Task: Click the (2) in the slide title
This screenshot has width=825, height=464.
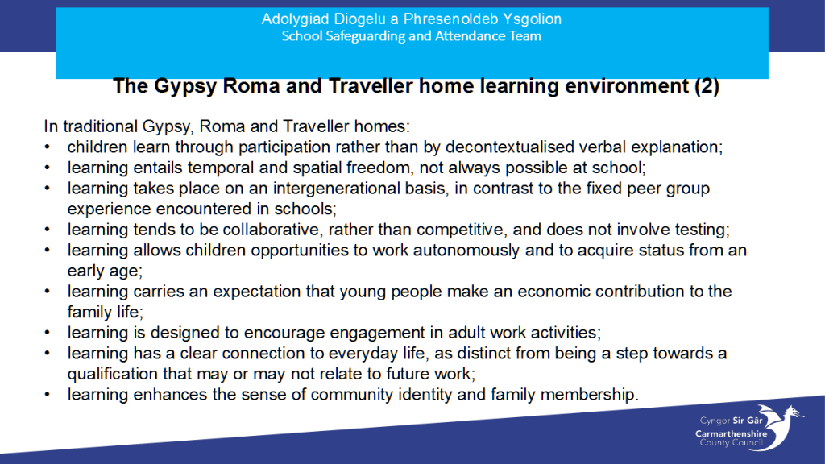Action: pyautogui.click(x=707, y=85)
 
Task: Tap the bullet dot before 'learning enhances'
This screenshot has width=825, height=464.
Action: pyautogui.click(x=48, y=395)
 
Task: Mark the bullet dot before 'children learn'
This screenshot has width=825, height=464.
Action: pyautogui.click(x=48, y=147)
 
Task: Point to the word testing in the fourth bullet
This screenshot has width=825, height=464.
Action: pyautogui.click(x=702, y=230)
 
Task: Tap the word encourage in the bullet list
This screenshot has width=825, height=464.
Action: pyautogui.click(x=284, y=333)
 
